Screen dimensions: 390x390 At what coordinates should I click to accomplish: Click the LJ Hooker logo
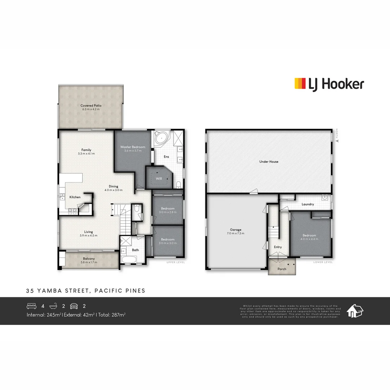tap(329, 84)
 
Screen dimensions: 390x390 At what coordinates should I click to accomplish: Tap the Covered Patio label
tap(91, 106)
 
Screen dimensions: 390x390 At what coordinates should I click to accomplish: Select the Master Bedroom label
tap(133, 147)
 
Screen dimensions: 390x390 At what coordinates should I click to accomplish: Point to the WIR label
tap(159, 179)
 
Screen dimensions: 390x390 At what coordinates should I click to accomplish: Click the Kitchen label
tap(75, 197)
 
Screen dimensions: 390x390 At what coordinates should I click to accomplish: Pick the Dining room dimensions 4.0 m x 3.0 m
tap(113, 190)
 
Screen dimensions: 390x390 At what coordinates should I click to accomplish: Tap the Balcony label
tap(89, 259)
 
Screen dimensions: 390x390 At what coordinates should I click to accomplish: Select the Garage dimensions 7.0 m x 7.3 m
tap(235, 233)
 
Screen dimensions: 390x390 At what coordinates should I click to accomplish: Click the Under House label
tap(269, 162)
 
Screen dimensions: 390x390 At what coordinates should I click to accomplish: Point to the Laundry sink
tap(325, 197)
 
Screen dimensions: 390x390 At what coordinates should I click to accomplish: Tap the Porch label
tap(282, 269)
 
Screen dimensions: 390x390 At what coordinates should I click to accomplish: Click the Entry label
tap(278, 247)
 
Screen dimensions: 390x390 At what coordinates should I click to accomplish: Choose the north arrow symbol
tap(338, 141)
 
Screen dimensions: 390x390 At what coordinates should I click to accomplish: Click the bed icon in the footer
tap(32, 306)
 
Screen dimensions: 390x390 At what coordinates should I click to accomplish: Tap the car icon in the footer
tap(74, 306)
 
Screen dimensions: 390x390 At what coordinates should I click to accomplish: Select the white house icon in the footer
tap(355, 311)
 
